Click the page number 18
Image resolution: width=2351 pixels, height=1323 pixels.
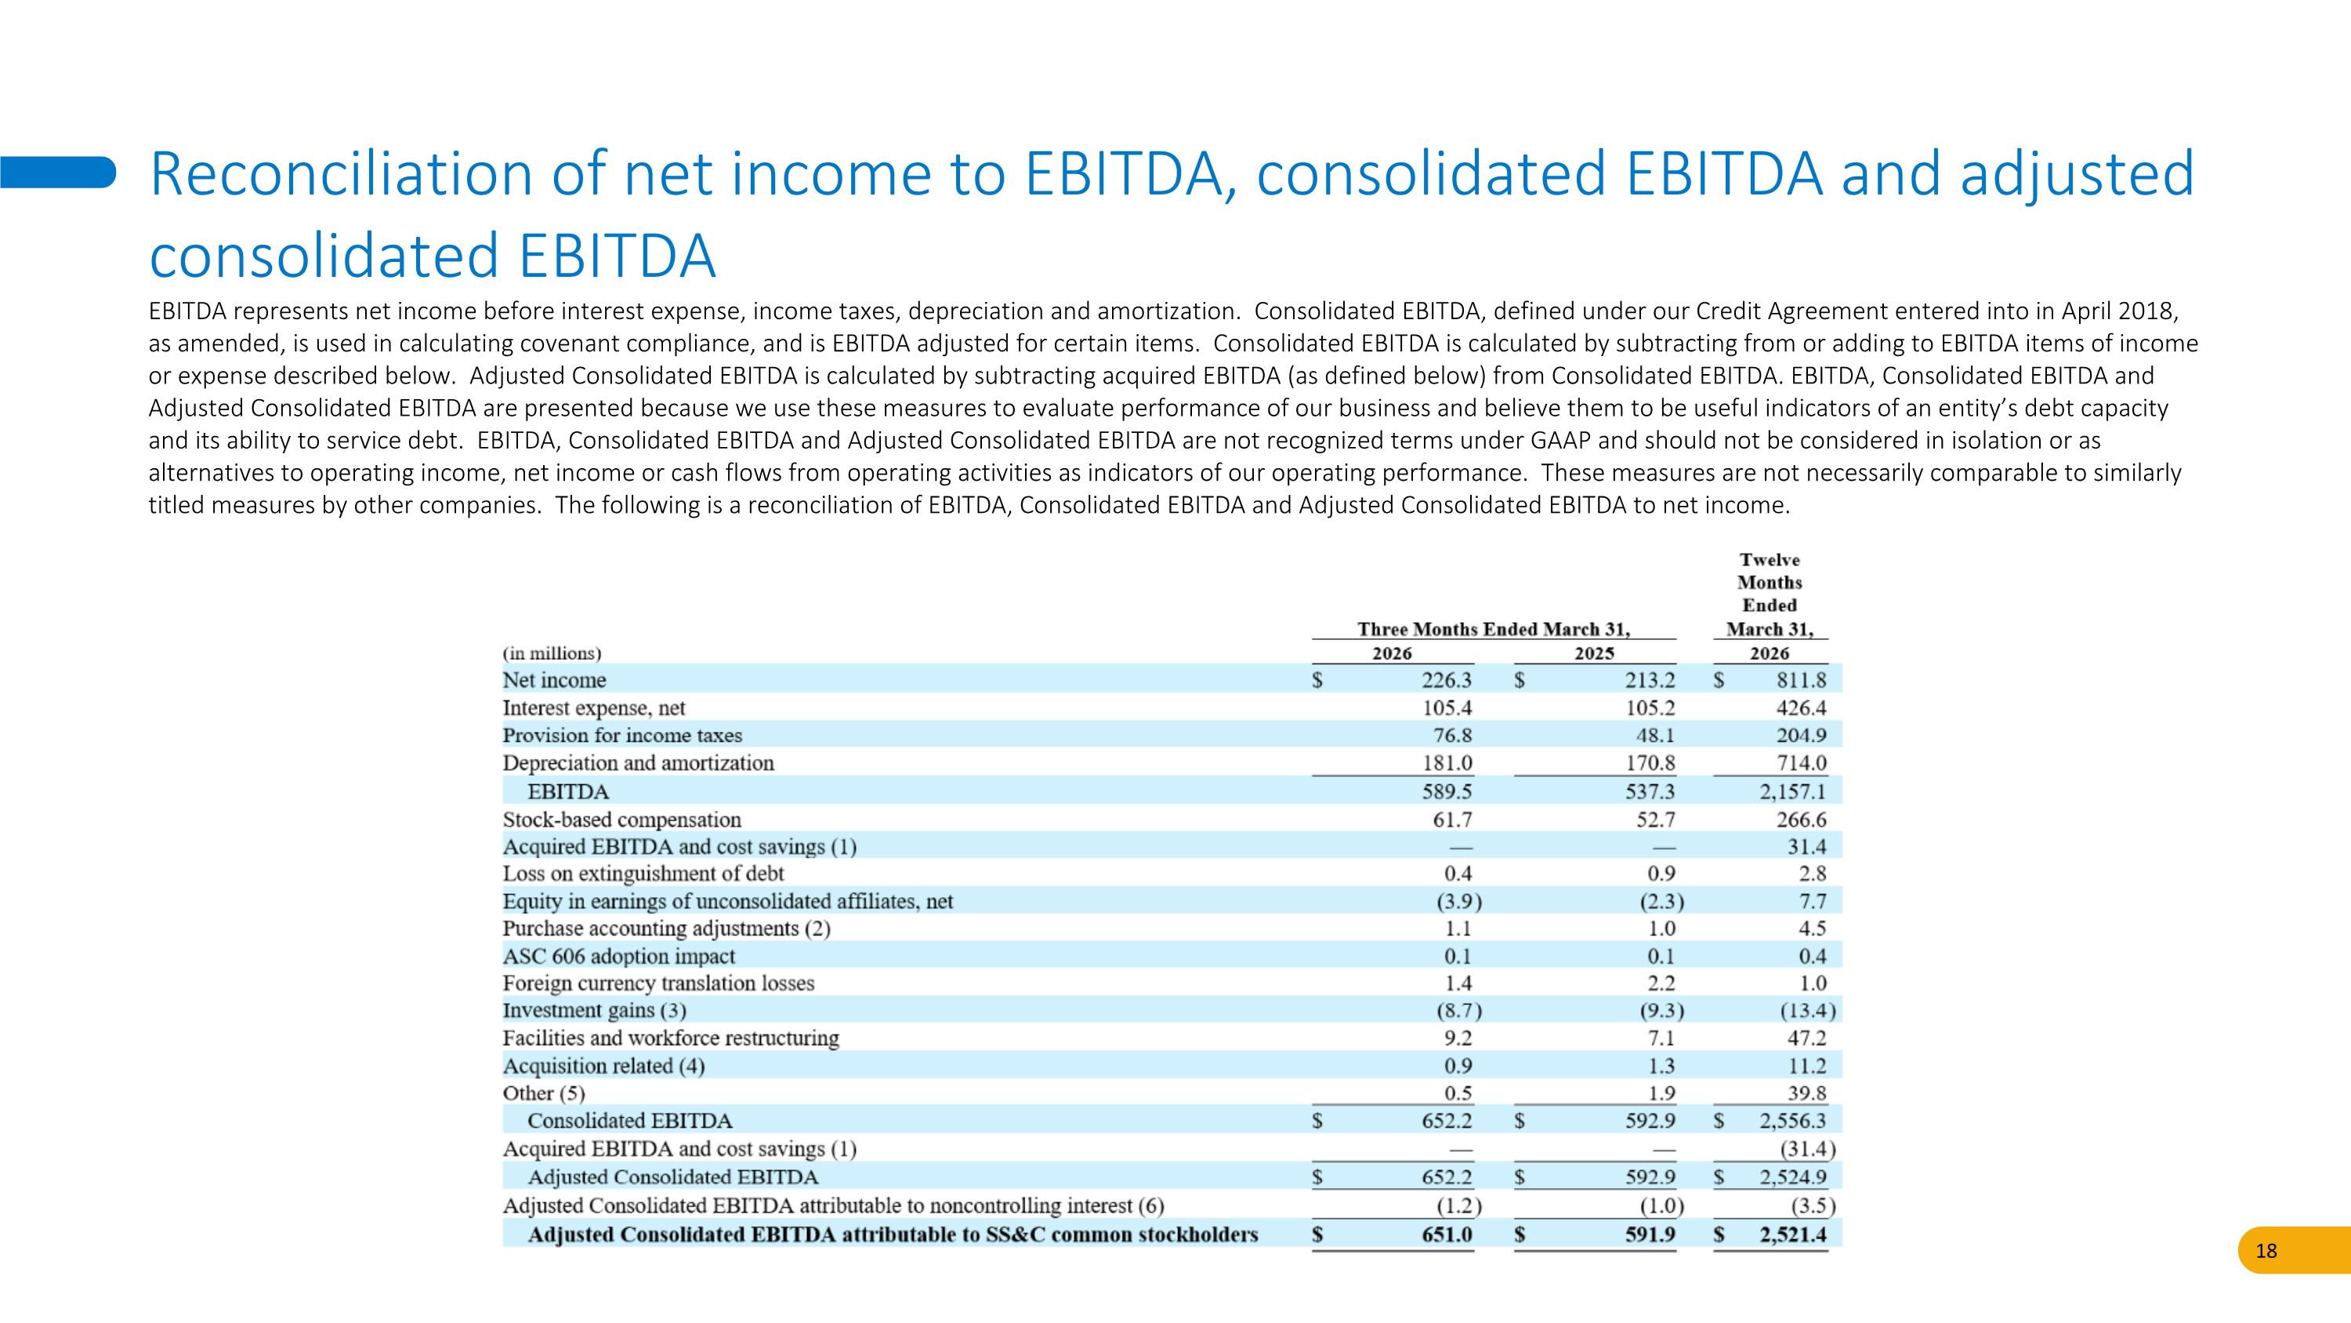(2266, 1251)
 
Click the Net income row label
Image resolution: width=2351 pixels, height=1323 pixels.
(554, 680)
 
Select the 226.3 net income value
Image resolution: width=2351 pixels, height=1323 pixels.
(1447, 680)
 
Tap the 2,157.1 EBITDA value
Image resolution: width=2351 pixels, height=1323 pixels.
(1792, 791)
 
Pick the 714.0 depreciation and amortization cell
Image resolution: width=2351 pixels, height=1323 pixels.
(1802, 763)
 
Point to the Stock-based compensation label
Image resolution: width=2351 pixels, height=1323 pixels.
(621, 820)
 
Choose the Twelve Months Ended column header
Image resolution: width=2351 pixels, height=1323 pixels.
(1770, 594)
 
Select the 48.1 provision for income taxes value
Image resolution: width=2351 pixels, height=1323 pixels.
(1656, 736)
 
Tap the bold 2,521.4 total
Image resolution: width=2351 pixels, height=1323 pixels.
(1793, 1235)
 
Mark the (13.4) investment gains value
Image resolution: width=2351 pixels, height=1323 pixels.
(1807, 1011)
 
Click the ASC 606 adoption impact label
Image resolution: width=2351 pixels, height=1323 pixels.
(619, 956)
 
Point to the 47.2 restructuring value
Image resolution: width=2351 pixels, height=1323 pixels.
(1807, 1038)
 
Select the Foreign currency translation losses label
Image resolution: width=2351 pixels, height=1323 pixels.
(658, 983)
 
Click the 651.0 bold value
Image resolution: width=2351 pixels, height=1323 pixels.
(1447, 1235)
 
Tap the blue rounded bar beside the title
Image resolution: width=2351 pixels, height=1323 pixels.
(57, 172)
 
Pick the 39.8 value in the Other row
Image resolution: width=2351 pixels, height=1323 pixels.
(1807, 1093)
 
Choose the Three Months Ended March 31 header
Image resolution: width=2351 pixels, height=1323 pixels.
(1494, 629)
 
